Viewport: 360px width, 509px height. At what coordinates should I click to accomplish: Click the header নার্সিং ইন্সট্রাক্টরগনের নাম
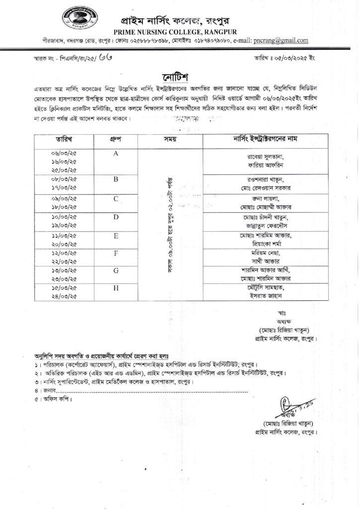(x=266, y=139)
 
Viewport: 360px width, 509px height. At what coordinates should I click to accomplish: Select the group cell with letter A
(x=115, y=154)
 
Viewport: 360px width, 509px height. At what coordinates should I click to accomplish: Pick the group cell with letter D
(x=115, y=217)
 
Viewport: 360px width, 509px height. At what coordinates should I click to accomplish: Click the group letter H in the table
(x=115, y=288)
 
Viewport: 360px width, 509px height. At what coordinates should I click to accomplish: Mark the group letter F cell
(x=115, y=253)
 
